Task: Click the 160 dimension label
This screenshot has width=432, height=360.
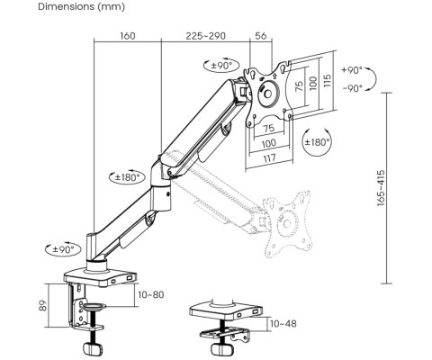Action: coord(128,36)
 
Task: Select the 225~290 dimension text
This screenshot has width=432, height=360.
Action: coord(205,36)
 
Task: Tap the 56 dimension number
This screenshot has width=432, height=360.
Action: coord(261,36)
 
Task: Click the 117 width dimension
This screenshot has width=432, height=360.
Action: coord(269,158)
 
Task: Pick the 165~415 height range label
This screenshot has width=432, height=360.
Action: coord(381,188)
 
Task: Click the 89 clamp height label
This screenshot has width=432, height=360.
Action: coord(43,306)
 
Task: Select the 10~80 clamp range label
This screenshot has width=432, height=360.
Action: coord(151,294)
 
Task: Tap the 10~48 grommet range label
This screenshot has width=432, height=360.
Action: coord(283,324)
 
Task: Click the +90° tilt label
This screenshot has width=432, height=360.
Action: coord(352,70)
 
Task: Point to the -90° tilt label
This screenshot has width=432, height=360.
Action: coord(352,88)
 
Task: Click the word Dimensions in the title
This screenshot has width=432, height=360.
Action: coord(66,6)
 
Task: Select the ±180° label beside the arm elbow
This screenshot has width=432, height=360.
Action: coord(128,177)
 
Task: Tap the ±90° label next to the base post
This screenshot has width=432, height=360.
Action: coord(63,249)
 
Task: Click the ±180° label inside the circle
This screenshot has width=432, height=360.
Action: coord(318,142)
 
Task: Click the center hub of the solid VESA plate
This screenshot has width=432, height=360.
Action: coord(268,94)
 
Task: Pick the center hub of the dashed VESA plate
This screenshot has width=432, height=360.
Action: coord(287,223)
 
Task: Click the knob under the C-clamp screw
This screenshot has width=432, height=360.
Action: coord(93,349)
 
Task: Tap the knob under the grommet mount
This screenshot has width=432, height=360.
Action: coord(222,349)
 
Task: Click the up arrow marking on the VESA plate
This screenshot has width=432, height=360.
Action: coord(275,76)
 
